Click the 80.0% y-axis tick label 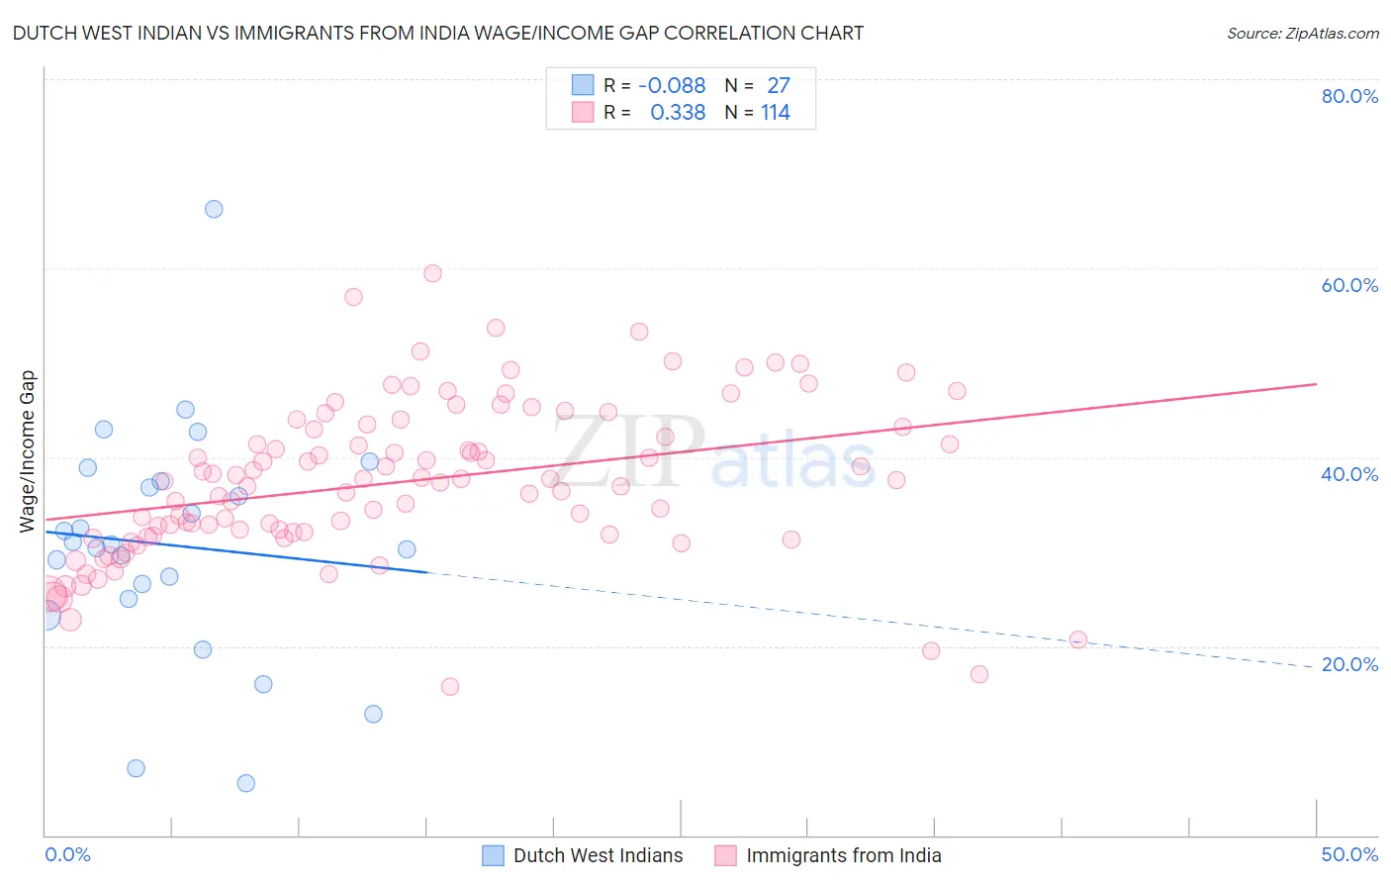tap(1349, 96)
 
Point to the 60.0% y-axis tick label tap(1349, 285)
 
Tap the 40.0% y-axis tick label tap(1349, 474)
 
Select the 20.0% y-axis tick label tap(1349, 664)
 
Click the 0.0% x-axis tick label tap(67, 854)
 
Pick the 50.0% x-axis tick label tap(1349, 854)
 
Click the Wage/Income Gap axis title tap(28, 451)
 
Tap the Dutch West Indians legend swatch tap(493, 856)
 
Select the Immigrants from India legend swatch tap(725, 856)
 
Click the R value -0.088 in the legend tap(672, 86)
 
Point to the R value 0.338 tap(678, 113)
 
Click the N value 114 tap(776, 113)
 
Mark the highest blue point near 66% tap(214, 209)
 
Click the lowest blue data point tap(246, 783)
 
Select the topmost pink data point tap(432, 273)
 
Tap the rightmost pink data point tap(1078, 639)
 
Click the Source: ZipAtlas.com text tap(1302, 34)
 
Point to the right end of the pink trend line tap(1316, 383)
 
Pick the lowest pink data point tap(450, 687)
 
